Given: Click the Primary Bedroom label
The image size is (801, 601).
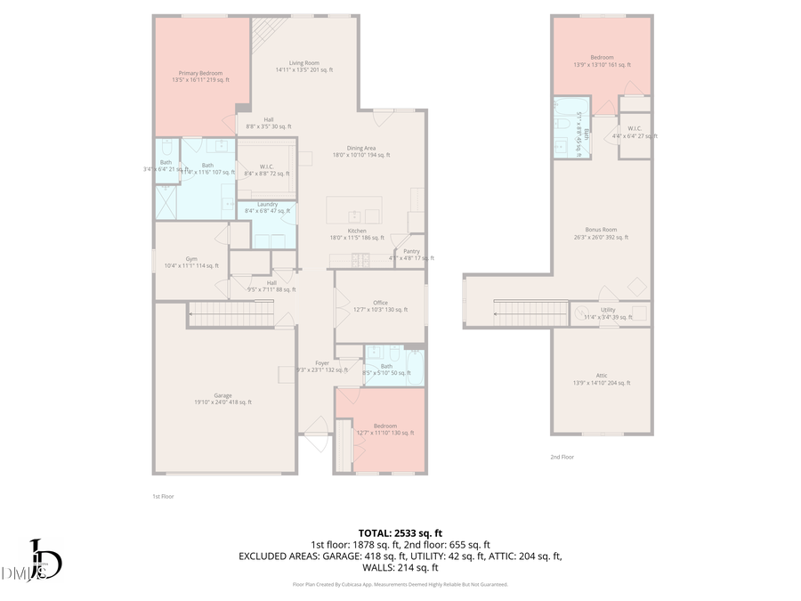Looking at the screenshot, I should (x=200, y=73).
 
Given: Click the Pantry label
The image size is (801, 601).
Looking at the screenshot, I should (x=410, y=252).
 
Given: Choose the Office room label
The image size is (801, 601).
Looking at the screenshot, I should (x=380, y=304).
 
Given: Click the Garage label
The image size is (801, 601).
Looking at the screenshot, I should (x=222, y=396).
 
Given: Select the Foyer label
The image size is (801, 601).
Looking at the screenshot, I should (x=321, y=364).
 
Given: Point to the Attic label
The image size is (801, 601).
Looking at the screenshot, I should (x=601, y=377).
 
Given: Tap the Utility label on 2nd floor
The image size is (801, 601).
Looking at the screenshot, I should (x=607, y=311).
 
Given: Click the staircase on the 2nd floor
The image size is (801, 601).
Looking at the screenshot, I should (x=530, y=313).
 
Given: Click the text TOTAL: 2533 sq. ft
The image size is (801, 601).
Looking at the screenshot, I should (x=400, y=532).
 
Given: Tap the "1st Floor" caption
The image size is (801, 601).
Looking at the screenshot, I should (x=163, y=496).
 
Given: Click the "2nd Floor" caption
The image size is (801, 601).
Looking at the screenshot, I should (x=562, y=457).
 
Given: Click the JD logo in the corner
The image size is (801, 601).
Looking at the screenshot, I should (x=40, y=562).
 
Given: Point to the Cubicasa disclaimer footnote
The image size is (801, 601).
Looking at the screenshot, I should (x=400, y=584).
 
